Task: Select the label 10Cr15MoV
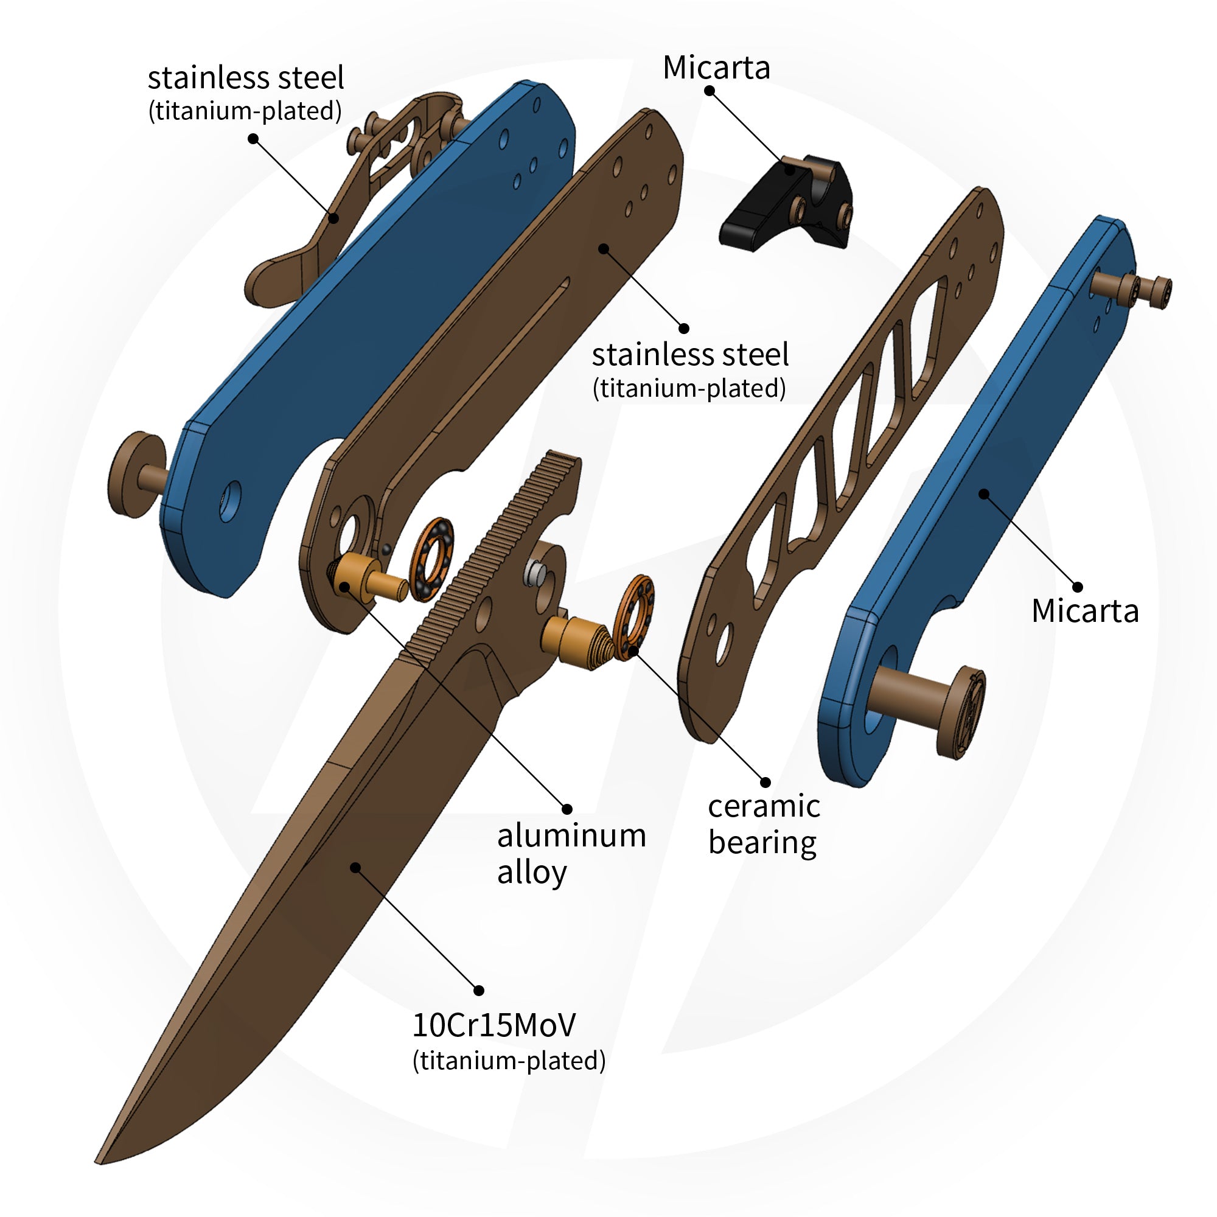493,1025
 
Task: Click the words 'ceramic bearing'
763,824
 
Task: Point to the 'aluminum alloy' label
571,854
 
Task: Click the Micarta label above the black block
716,68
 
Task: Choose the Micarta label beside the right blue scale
1085,610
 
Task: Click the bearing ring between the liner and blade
431,558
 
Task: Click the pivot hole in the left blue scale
230,501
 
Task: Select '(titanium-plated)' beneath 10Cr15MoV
508,1061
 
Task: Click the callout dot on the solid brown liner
604,248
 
